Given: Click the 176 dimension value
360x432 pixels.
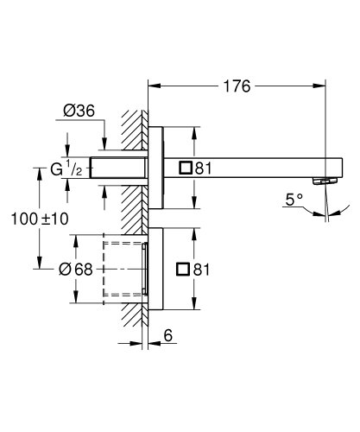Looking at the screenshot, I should (x=237, y=86).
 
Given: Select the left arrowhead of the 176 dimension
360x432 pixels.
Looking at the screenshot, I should (x=154, y=86).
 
